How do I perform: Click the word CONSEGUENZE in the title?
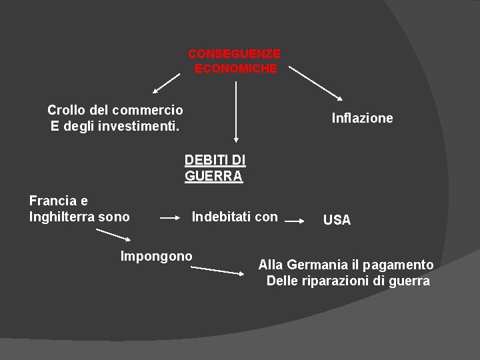click(234, 53)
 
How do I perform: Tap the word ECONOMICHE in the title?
click(235, 69)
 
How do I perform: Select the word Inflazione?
click(362, 118)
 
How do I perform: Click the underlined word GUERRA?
click(213, 177)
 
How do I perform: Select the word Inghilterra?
click(67, 217)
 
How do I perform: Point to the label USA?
click(337, 220)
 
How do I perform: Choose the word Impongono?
click(156, 256)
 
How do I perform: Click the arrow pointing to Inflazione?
click(316, 83)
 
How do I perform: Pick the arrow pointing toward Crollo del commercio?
click(166, 83)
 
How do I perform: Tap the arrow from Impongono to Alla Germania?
click(217, 269)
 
